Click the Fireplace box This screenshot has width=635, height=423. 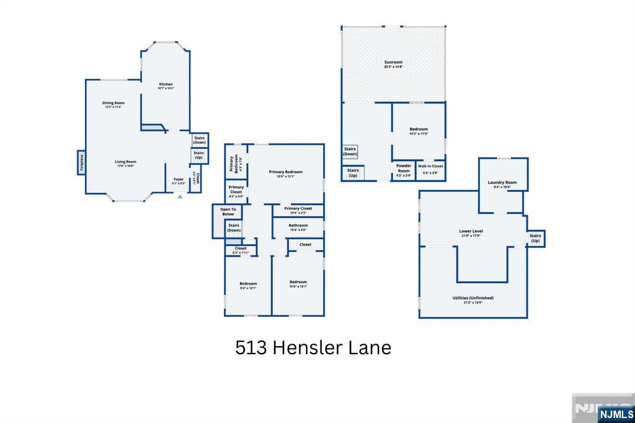coord(81,163)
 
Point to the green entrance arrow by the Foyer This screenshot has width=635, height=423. coord(180,196)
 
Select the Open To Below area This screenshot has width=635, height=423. coord(228,211)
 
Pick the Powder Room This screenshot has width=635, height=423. coord(404,170)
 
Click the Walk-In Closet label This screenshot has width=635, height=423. coord(430,167)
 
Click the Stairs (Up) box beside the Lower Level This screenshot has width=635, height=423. coord(535,238)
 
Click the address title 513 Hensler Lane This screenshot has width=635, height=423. coord(313,348)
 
